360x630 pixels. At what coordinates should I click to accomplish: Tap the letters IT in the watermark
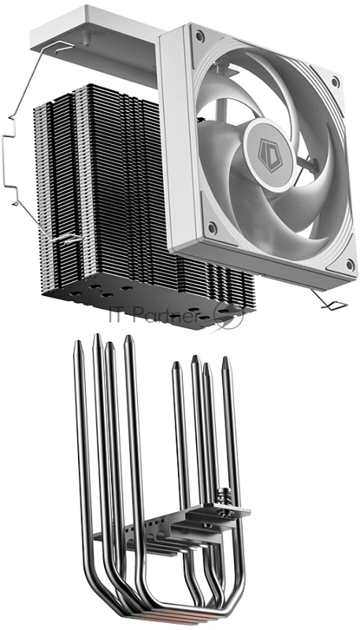pos(117,317)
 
